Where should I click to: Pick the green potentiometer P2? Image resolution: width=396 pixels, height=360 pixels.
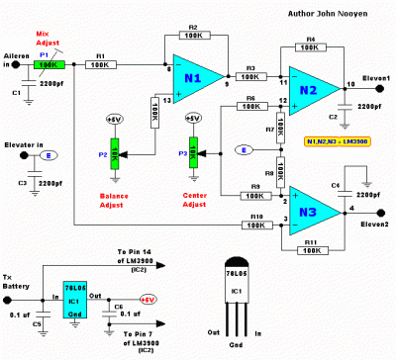(114, 154)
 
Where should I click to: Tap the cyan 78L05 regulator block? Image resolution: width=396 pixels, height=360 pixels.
(75, 297)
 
